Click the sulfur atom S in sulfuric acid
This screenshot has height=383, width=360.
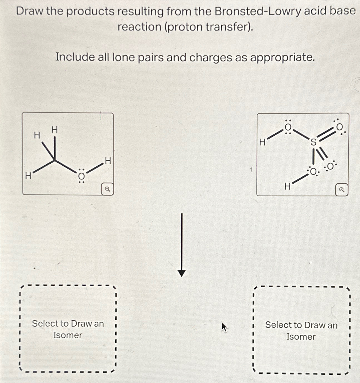(313, 142)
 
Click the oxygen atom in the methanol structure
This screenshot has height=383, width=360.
(81, 176)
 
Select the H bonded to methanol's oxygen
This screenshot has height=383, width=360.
(108, 161)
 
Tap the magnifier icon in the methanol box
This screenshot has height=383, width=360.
(107, 189)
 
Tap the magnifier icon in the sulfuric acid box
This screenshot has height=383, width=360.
(342, 190)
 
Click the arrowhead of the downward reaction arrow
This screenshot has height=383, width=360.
(182, 273)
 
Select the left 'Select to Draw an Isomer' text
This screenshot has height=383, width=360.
(68, 329)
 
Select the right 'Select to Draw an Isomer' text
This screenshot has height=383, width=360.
(301, 331)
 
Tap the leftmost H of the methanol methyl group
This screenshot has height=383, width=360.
(28, 176)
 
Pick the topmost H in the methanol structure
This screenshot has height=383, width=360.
(55, 130)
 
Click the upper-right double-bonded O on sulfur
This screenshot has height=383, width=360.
(339, 127)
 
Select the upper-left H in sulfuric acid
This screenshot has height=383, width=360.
(262, 143)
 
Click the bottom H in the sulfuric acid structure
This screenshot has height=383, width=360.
(287, 187)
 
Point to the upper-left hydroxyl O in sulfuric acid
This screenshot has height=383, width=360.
(288, 127)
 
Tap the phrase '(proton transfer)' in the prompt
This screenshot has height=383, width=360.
(209, 27)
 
